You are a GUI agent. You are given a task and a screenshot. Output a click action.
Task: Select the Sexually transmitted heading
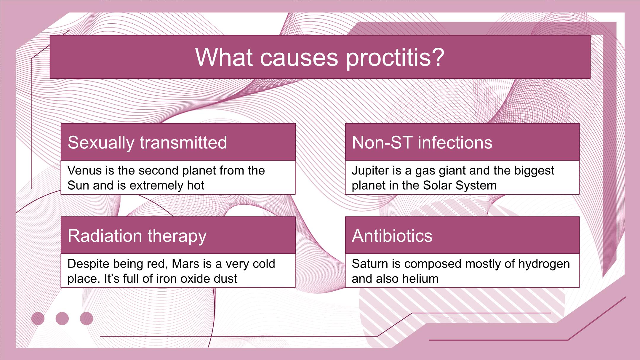click(x=147, y=143)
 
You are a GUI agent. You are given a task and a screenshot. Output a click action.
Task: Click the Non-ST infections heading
click(x=422, y=142)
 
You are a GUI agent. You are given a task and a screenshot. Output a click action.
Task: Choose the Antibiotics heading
click(x=392, y=236)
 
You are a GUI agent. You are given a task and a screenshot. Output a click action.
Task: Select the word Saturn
click(x=369, y=264)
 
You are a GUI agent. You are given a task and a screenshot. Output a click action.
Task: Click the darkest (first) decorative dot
click(x=38, y=319)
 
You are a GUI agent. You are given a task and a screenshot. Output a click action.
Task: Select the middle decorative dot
click(x=62, y=319)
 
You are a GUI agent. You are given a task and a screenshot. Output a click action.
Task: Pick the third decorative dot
click(x=87, y=319)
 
